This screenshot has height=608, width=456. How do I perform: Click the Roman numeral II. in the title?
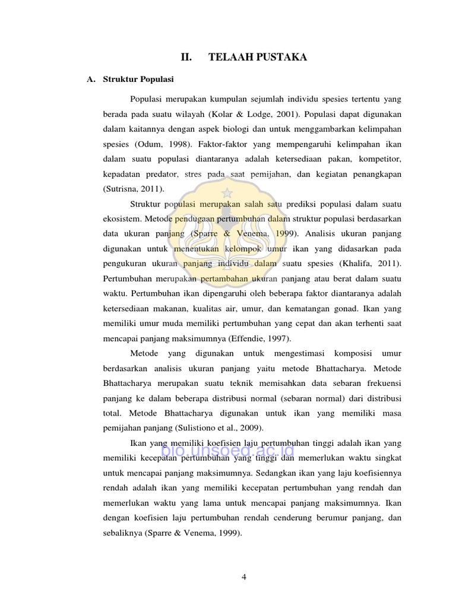click(x=187, y=58)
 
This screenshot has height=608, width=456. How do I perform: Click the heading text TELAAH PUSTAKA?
click(x=258, y=58)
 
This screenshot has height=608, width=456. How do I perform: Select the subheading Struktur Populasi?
click(x=138, y=79)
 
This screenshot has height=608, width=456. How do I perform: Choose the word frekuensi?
click(x=381, y=383)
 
